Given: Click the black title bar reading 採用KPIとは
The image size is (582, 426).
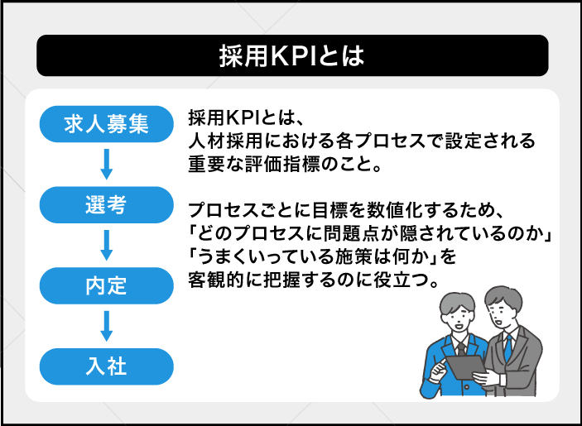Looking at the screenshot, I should [x=291, y=55].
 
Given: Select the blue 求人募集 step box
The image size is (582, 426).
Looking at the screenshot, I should [x=107, y=124].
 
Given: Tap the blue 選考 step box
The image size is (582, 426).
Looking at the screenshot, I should [x=107, y=205].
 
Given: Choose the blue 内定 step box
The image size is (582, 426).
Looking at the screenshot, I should [x=107, y=285].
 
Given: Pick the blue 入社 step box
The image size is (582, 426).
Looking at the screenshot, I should [x=107, y=366].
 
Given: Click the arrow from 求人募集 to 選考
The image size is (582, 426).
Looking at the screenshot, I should [x=106, y=164].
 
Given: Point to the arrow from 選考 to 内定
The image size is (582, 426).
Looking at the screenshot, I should [x=106, y=245].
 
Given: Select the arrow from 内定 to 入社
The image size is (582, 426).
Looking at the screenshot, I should [x=106, y=325].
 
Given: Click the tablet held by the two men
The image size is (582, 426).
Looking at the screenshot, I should [x=463, y=365].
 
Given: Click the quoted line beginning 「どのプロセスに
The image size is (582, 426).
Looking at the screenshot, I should [x=370, y=228].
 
